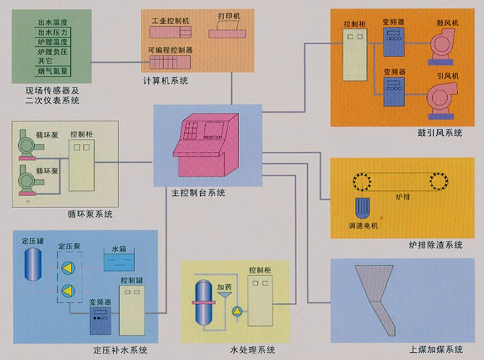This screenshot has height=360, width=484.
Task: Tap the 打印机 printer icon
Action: tap(228, 30)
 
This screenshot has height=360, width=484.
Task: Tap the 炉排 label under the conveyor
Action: tap(401, 194)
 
